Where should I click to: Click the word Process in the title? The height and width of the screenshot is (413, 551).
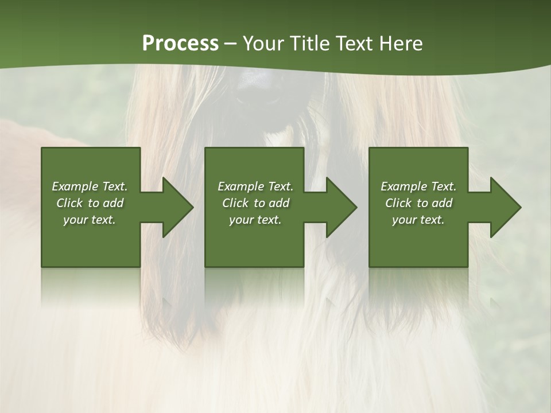[x=180, y=44]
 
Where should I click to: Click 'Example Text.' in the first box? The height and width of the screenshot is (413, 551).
[x=90, y=186]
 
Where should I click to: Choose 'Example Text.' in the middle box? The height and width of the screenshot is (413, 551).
[x=255, y=186]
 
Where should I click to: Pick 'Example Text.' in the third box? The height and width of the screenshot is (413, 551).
[x=418, y=186]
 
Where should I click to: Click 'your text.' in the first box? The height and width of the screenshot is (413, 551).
[x=90, y=220]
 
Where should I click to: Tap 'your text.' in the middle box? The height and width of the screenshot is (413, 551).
[x=255, y=220]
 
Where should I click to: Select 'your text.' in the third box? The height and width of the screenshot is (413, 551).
[x=418, y=220]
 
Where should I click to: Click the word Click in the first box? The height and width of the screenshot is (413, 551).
[x=69, y=203]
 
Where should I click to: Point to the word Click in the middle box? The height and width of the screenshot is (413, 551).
[x=235, y=203]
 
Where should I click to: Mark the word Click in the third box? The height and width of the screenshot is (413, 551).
[x=398, y=203]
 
